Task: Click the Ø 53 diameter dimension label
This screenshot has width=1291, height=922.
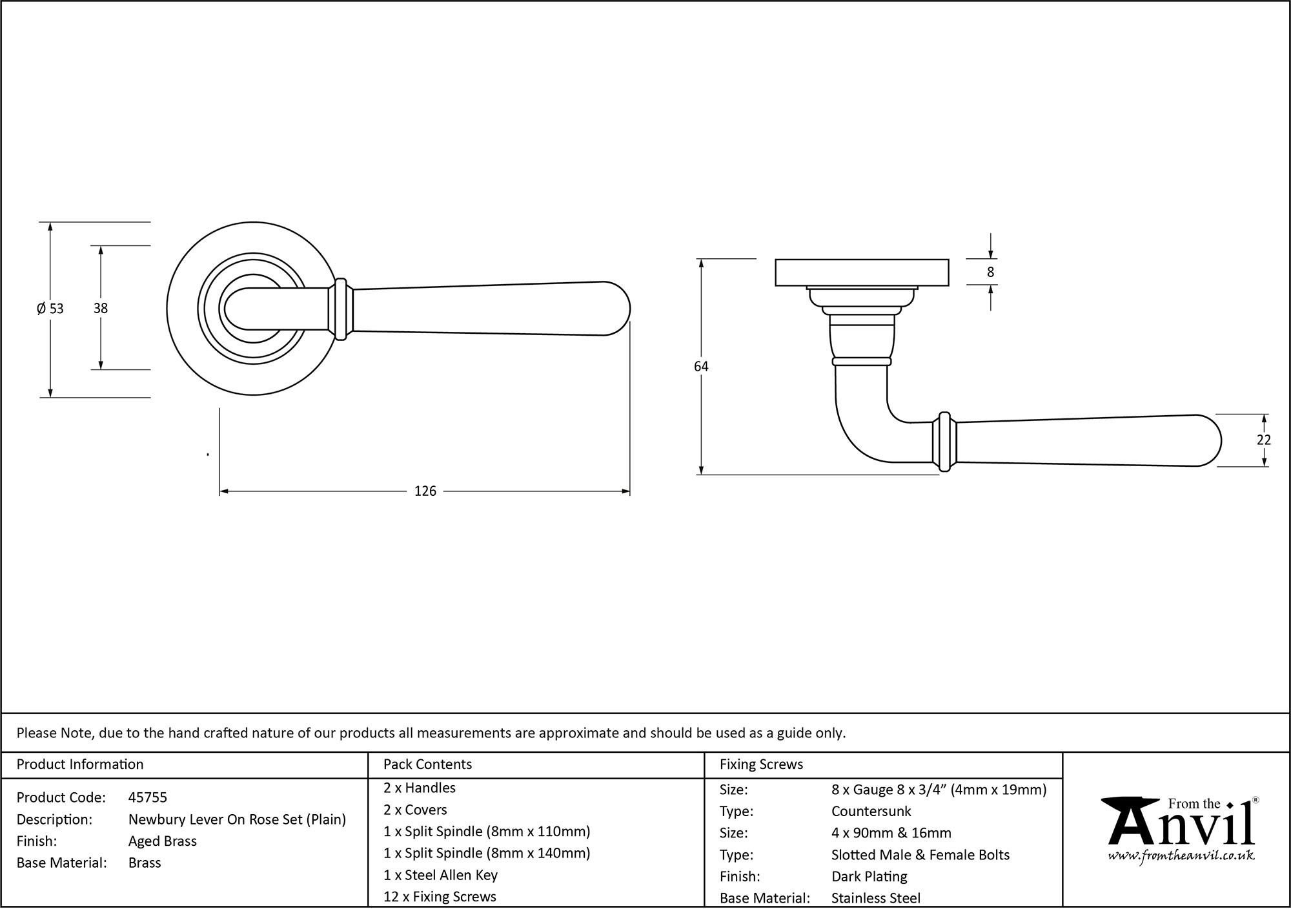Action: pyautogui.click(x=50, y=309)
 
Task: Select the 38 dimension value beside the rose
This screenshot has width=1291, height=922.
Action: pyautogui.click(x=101, y=309)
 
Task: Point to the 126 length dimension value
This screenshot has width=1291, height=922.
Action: pyautogui.click(x=425, y=491)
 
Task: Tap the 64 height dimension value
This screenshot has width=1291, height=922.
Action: pyautogui.click(x=701, y=367)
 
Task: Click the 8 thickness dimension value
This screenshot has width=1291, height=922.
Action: pyautogui.click(x=991, y=272)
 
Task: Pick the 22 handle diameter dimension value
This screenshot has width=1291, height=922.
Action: pyautogui.click(x=1264, y=440)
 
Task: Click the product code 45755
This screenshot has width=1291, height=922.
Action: pyautogui.click(x=148, y=797)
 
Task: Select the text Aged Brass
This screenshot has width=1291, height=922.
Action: pyautogui.click(x=163, y=841)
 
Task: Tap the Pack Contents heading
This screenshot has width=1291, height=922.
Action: pyautogui.click(x=427, y=764)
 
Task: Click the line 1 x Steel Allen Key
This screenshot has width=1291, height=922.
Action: pyautogui.click(x=440, y=875)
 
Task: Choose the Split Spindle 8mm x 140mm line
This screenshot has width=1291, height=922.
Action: pyautogui.click(x=487, y=853)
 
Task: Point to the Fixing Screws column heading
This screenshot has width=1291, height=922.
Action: pyautogui.click(x=761, y=764)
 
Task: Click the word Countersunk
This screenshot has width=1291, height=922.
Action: pyautogui.click(x=871, y=811)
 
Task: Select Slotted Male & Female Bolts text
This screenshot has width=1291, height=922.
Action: pyautogui.click(x=920, y=855)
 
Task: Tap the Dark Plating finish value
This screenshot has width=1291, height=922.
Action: pyautogui.click(x=869, y=876)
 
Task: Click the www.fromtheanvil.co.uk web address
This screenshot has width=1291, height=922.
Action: pyautogui.click(x=1181, y=856)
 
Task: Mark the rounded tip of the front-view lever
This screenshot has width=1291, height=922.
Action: pyautogui.click(x=620, y=309)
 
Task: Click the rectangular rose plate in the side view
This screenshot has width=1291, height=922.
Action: pyautogui.click(x=862, y=272)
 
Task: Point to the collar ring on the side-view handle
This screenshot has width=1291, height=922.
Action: pyautogui.click(x=944, y=442)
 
